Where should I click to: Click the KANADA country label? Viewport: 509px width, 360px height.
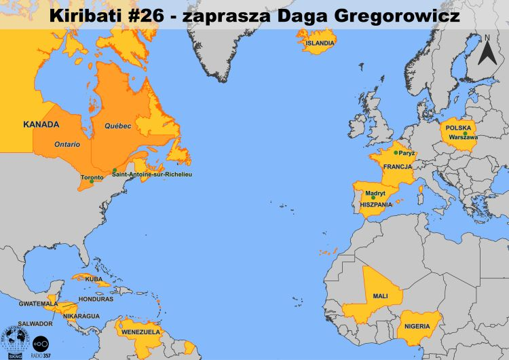(x=41, y=124)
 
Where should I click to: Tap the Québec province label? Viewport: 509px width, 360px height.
(x=117, y=126)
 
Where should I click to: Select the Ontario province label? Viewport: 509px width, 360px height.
(x=67, y=144)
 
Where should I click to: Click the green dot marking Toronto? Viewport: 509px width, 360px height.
(x=92, y=181)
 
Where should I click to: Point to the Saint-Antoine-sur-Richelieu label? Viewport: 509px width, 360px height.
(x=157, y=175)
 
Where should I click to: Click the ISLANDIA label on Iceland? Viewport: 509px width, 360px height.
(x=320, y=43)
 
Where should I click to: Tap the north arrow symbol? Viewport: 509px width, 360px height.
(x=487, y=50)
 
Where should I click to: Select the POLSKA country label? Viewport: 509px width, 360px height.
(x=459, y=127)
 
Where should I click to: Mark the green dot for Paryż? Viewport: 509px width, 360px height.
(x=396, y=153)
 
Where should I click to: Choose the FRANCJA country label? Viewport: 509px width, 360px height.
(x=398, y=166)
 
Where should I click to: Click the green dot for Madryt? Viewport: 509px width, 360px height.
(x=373, y=198)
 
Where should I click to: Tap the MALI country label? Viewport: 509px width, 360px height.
(x=380, y=297)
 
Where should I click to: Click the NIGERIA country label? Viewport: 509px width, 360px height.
(x=417, y=327)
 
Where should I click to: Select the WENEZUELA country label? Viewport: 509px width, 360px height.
(x=140, y=334)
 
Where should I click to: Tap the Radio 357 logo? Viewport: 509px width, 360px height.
(x=41, y=344)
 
